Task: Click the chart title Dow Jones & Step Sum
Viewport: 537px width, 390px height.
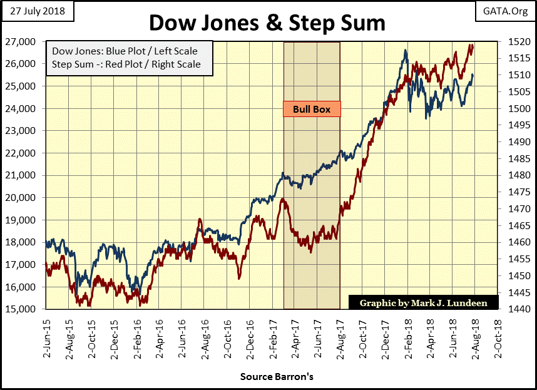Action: point(267,23)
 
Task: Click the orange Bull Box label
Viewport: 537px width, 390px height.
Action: point(312,109)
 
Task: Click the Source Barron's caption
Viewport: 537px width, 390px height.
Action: point(268,377)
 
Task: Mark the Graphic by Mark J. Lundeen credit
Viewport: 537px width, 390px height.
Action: point(423,303)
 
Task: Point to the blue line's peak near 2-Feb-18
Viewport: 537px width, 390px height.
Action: point(406,51)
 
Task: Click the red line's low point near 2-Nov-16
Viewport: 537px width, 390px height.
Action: point(238,279)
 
